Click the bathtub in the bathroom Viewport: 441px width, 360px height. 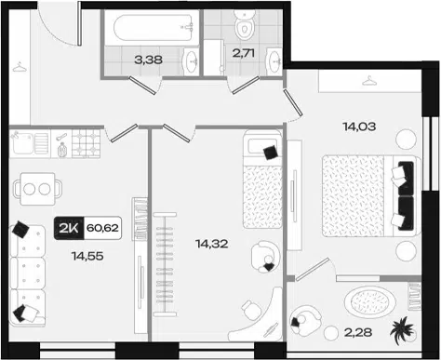(x=153, y=28)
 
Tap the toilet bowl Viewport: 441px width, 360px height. (x=245, y=25)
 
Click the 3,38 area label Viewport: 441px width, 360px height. (x=148, y=60)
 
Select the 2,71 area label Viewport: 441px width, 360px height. (x=244, y=53)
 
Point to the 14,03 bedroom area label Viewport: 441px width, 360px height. (x=359, y=127)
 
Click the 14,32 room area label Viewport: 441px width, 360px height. (x=212, y=244)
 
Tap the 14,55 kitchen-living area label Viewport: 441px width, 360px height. (x=87, y=256)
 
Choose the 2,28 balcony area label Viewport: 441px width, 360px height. (x=358, y=332)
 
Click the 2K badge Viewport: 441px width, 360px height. (x=69, y=228)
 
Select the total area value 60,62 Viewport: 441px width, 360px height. (x=102, y=228)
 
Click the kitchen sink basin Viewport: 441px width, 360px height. (x=21, y=142)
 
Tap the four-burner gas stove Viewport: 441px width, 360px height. (x=86, y=143)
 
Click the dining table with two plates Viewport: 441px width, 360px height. (x=37, y=189)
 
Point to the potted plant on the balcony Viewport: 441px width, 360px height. (x=402, y=330)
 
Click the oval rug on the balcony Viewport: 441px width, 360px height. (x=369, y=300)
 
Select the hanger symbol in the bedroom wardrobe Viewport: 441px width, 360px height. (x=369, y=81)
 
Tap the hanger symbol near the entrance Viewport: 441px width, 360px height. (x=20, y=67)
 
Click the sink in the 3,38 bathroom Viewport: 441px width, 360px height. (x=191, y=61)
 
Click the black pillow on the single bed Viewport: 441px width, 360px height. (x=270, y=153)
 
